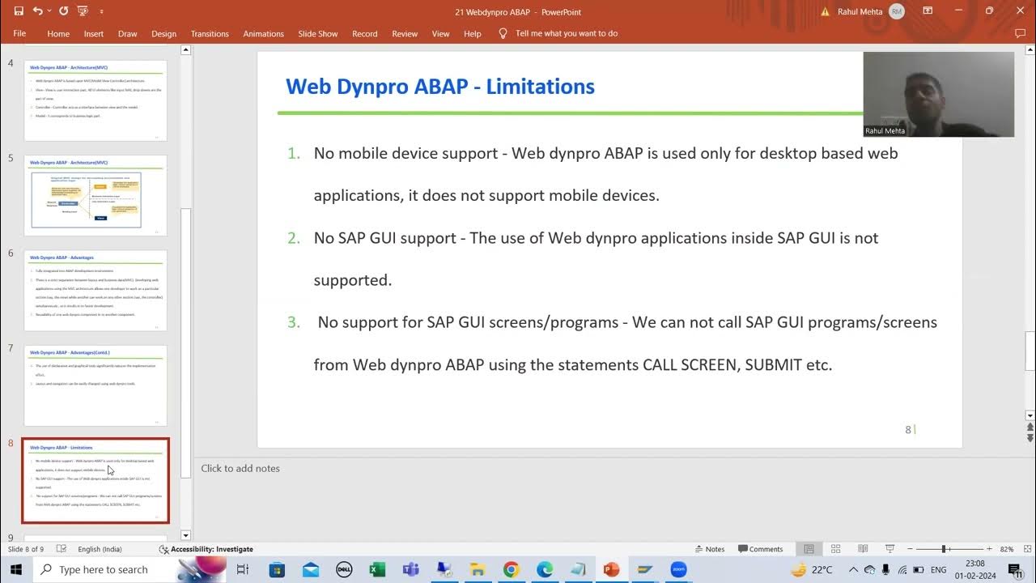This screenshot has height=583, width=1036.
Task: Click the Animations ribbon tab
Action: [x=263, y=34]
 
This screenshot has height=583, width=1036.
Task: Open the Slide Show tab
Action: [x=317, y=34]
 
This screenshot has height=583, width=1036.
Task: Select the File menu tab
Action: [x=19, y=33]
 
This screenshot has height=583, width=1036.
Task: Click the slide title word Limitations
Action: [x=540, y=87]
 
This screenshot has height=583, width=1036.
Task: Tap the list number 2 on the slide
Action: [x=293, y=238]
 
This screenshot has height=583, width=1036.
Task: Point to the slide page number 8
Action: [x=908, y=430]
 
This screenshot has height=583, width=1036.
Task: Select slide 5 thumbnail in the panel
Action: [x=96, y=195]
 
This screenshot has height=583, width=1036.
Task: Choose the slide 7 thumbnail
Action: [x=96, y=385]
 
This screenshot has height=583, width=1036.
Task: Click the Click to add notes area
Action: [x=240, y=468]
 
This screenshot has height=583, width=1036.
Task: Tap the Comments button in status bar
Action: [x=760, y=549]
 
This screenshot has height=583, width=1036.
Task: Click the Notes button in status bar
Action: [x=709, y=549]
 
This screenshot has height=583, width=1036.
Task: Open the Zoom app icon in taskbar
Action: [x=678, y=569]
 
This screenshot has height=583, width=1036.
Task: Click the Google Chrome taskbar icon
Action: [x=511, y=569]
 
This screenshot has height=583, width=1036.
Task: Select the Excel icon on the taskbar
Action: [x=377, y=569]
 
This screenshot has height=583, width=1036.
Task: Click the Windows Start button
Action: [x=16, y=569]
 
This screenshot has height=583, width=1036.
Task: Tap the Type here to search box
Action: [x=104, y=569]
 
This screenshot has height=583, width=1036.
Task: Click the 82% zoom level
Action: [x=1007, y=549]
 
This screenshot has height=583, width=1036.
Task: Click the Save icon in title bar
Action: [x=19, y=11]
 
